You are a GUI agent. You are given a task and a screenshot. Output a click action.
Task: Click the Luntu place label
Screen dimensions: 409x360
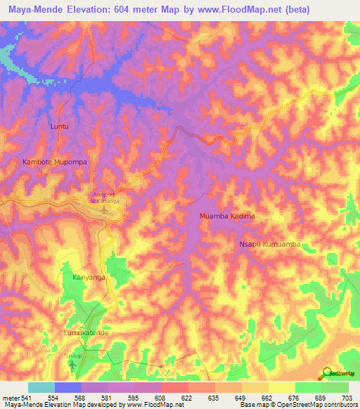click(61, 126)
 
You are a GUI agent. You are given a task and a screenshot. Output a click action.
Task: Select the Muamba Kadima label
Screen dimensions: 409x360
click(226, 216)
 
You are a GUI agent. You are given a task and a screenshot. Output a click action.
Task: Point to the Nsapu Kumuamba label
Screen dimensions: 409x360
click(269, 244)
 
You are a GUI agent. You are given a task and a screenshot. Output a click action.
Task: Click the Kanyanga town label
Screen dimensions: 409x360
click(89, 278)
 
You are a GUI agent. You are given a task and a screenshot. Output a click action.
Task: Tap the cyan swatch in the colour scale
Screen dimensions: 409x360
click(41, 387)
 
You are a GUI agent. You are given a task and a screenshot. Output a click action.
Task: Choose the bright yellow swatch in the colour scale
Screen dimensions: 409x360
click(281, 387)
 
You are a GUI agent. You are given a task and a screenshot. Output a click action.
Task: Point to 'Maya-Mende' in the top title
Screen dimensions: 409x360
click(34, 10)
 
